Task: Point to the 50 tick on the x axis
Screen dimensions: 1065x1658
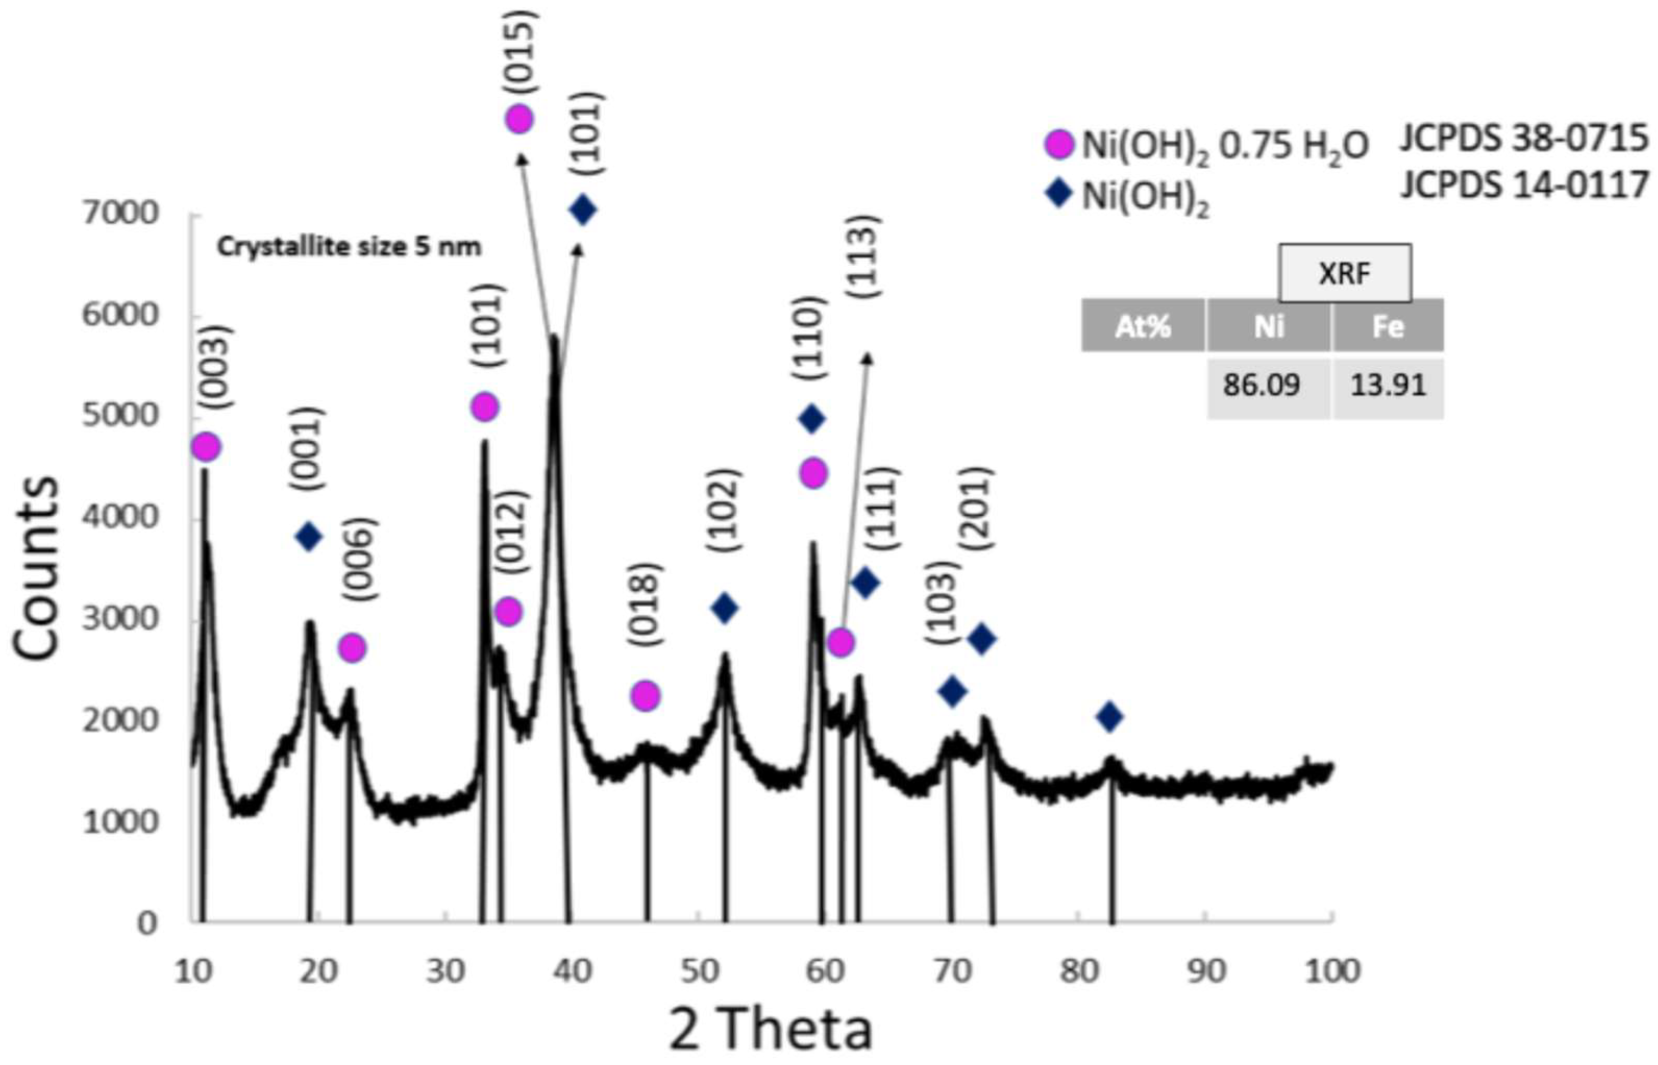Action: tap(699, 972)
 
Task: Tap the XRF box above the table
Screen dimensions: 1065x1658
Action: tap(1344, 274)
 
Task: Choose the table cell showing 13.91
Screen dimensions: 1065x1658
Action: tap(1388, 385)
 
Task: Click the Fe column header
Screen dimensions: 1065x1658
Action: tap(1388, 326)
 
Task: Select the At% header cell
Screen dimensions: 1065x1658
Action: tap(1142, 326)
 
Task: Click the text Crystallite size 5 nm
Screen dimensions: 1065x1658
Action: tap(349, 247)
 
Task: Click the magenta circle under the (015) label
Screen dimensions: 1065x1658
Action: tap(519, 119)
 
